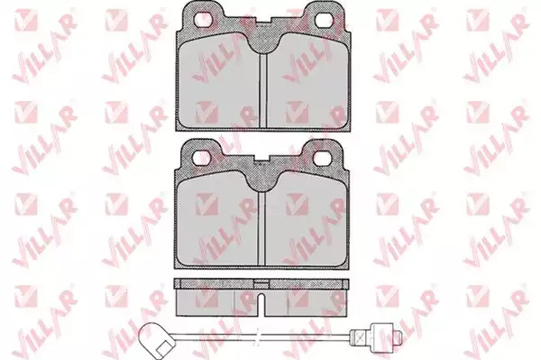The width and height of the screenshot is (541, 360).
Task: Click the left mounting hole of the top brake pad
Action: (x=203, y=19)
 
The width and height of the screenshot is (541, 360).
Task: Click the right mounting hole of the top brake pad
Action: (x=325, y=19)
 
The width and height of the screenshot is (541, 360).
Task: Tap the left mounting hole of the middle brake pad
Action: (x=200, y=158)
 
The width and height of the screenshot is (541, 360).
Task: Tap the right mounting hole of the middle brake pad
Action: (x=322, y=158)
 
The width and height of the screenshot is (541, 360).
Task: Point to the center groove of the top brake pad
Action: (x=263, y=89)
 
